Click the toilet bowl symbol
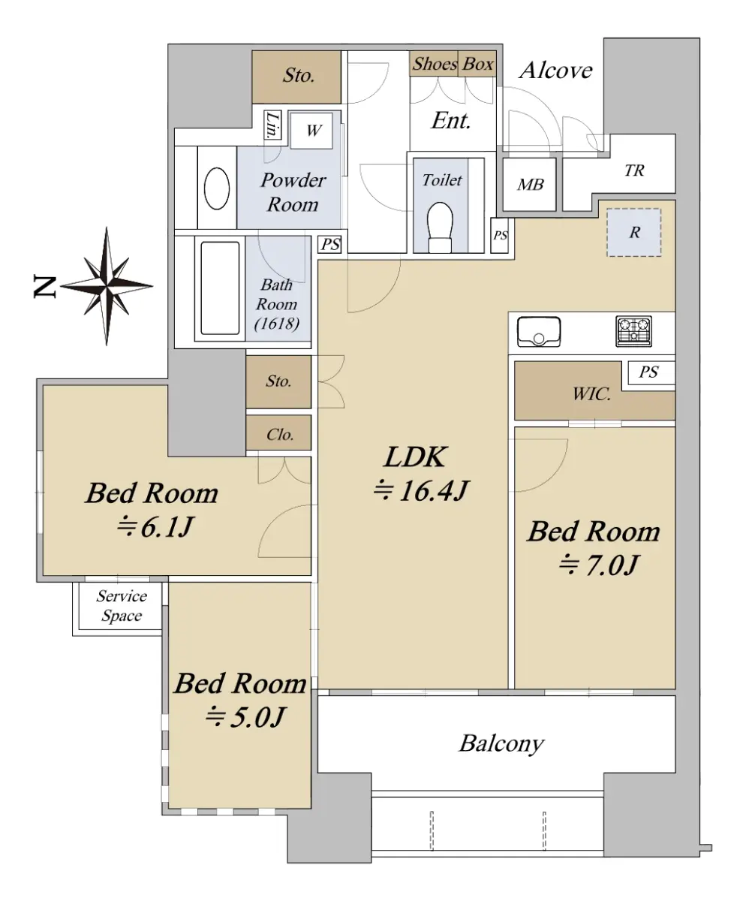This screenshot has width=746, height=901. pyautogui.click(x=440, y=228)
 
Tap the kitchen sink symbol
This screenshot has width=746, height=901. pyautogui.click(x=539, y=332)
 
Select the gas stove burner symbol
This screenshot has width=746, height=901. pyautogui.click(x=633, y=331)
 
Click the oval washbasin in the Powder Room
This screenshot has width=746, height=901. pyautogui.click(x=217, y=188)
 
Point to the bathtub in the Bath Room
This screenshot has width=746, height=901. pyautogui.click(x=220, y=288)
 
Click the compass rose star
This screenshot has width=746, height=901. pyautogui.click(x=107, y=285)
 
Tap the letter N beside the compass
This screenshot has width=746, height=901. pyautogui.click(x=45, y=288)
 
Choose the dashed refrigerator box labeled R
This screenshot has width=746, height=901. pyautogui.click(x=634, y=233)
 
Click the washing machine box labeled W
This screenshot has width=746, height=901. pyautogui.click(x=311, y=131)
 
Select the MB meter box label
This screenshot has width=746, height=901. pyautogui.click(x=531, y=185)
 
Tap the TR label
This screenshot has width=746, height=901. pyautogui.click(x=634, y=170)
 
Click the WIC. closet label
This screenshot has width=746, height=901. pyautogui.click(x=591, y=393)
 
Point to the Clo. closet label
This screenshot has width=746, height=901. pyautogui.click(x=280, y=435)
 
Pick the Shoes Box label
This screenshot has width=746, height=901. pyautogui.click(x=453, y=64)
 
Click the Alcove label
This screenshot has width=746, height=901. pyautogui.click(x=555, y=70)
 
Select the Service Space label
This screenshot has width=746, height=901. pyautogui.click(x=122, y=606)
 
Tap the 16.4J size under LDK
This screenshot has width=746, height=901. pyautogui.click(x=421, y=491)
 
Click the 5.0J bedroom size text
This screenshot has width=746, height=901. pyautogui.click(x=245, y=717)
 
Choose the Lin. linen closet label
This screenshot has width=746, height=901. pyautogui.click(x=272, y=125)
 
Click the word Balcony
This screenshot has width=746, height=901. pyautogui.click(x=501, y=743)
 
